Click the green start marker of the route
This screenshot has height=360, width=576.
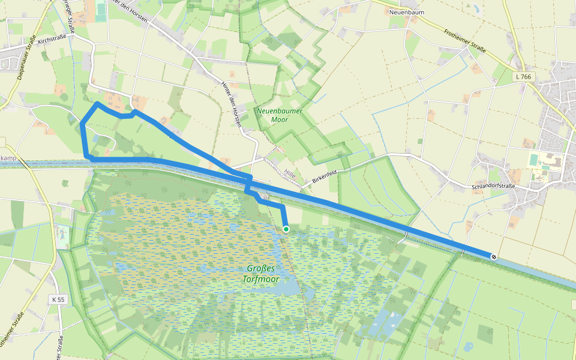(286, 229)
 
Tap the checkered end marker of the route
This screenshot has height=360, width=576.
(493, 257)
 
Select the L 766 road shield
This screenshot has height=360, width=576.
(523, 77)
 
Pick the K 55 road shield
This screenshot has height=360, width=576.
(58, 299)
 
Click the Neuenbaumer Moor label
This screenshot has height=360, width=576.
(279, 115)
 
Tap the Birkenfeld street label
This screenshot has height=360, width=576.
(325, 176)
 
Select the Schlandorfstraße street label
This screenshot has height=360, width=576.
(494, 187)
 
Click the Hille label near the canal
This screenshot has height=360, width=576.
(291, 173)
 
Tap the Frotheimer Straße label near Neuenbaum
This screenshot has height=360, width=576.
(464, 42)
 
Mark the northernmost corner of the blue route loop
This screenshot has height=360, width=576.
(97, 103)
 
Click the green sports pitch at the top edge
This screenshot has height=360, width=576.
(100, 8)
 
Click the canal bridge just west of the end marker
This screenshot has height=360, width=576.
(463, 252)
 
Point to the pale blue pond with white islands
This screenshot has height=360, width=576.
(384, 321)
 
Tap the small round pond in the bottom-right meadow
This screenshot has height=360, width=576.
(469, 346)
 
